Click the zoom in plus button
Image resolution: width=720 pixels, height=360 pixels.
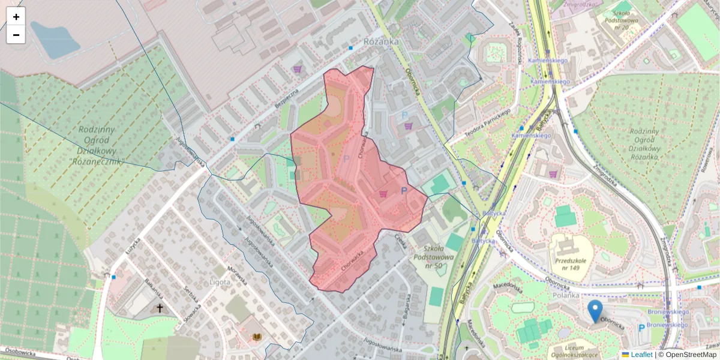16,17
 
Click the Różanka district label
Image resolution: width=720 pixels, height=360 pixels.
381,41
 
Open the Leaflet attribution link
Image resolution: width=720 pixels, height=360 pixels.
641,355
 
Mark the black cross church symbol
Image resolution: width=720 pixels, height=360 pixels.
160,308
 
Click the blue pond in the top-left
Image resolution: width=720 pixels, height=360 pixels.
54,40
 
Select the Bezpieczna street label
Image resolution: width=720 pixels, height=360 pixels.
287,98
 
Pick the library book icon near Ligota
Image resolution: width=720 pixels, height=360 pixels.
257,337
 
